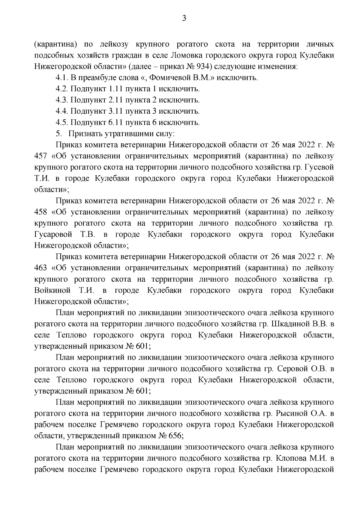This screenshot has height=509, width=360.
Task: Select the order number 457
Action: (x=41, y=156)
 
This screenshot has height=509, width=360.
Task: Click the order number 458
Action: (x=41, y=212)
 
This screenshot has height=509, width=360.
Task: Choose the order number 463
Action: (x=41, y=268)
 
